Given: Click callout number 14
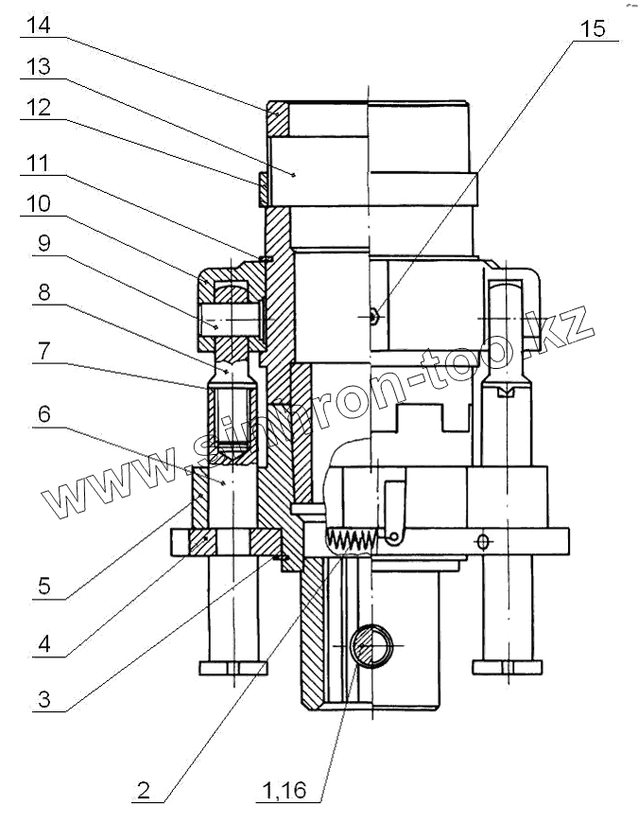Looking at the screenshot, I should click(x=38, y=25).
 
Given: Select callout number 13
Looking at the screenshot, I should click(x=38, y=67).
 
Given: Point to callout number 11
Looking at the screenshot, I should click(x=38, y=162).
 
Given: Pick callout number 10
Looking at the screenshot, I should click(x=38, y=204).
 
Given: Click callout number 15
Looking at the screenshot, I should click(x=593, y=29).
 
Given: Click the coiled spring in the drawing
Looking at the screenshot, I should click(x=352, y=540).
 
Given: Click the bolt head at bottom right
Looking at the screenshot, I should click(x=507, y=668).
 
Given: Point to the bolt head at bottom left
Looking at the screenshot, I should click(x=233, y=668).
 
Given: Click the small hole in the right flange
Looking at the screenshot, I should click(x=483, y=541).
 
